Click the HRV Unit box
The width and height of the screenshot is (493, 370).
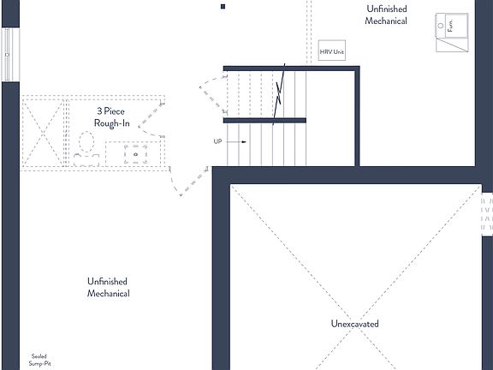point(332,51)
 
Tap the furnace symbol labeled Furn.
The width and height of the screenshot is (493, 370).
point(452,33)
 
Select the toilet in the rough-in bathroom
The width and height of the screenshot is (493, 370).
point(86,147)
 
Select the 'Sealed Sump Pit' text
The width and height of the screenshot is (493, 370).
point(39,359)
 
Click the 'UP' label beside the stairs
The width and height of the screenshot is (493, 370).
point(219,141)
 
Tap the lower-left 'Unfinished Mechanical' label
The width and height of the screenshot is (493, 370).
point(108,288)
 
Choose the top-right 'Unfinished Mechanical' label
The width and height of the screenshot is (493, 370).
point(386,15)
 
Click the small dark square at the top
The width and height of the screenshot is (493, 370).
point(223,6)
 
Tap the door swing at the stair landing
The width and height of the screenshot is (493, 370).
point(208,93)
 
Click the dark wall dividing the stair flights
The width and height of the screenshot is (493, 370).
point(264,120)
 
